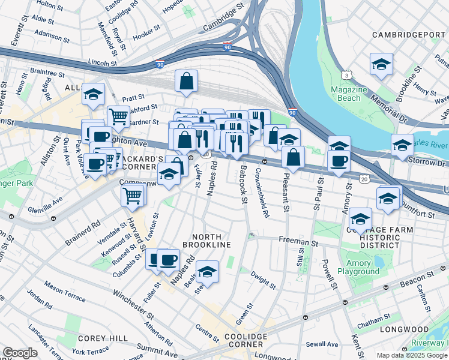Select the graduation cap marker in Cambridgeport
coord(381,64)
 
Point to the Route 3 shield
coord(346,75)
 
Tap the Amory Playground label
coord(363,268)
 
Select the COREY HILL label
coord(102,338)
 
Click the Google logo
coord(20,353)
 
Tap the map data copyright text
coord(411,355)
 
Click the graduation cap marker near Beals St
coord(207,271)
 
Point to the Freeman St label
coord(298,241)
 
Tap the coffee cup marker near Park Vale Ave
coord(95,164)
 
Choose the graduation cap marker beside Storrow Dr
coord(402,145)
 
